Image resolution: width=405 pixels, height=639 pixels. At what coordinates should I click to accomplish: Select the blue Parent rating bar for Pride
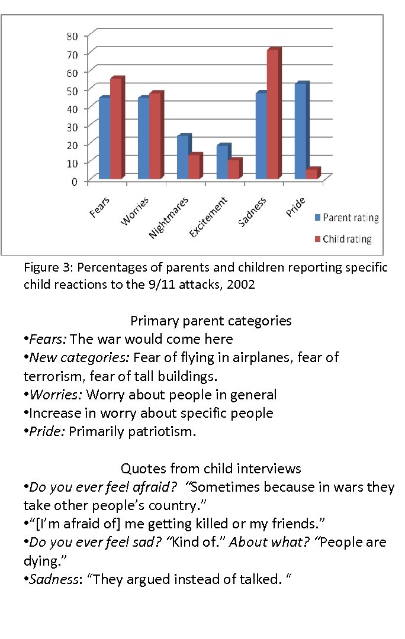coord(300,131)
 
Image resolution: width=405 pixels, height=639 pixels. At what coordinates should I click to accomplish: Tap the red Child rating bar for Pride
coord(311,173)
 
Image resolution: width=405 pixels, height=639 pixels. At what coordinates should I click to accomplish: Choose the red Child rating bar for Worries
coord(155,135)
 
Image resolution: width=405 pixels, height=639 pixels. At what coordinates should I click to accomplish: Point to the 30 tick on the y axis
coord(71,126)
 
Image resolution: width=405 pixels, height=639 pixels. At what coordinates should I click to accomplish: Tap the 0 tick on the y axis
coord(74,181)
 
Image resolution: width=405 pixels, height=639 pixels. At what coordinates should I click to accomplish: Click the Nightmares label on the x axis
coord(168,218)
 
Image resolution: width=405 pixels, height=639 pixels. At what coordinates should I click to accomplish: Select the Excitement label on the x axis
coord(208,217)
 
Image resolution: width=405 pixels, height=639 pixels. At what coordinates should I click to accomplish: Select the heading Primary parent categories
coord(211,321)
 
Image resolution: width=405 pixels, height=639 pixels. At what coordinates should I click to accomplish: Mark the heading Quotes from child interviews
coord(211,469)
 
